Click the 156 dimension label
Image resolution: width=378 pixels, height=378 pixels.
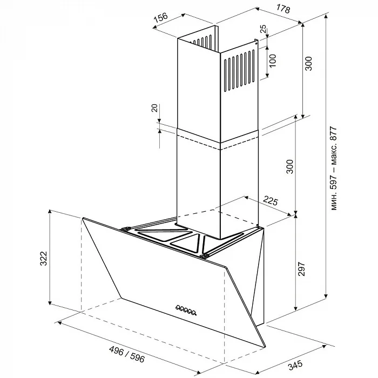pos(160,18)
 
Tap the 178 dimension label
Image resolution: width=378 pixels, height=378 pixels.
pos(282,9)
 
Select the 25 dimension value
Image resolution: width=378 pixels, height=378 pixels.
pos(264,29)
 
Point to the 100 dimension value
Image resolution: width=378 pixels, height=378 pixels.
pos(272,61)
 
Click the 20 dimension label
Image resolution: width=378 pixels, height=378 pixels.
pos(155,108)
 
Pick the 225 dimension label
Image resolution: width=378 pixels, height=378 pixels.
pos(270,201)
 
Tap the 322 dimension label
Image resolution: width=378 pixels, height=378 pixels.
pos(43,259)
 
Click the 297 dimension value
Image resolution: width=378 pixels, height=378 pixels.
pos(301,269)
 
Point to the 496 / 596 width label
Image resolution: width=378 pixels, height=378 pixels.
pos(127,354)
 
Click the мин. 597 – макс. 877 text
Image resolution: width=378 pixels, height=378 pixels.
pos(333,168)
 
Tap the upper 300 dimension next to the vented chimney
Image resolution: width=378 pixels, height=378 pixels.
pos(308,63)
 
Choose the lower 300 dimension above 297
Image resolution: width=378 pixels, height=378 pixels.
pos(290,166)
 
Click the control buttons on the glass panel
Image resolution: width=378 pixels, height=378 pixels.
pos(186,309)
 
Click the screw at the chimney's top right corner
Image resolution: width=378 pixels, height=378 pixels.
pos(256,44)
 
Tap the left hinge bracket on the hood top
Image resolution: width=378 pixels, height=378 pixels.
pos(126,229)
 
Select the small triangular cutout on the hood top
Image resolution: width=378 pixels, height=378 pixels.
pos(186,243)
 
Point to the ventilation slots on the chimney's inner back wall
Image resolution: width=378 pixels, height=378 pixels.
pos(202,41)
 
